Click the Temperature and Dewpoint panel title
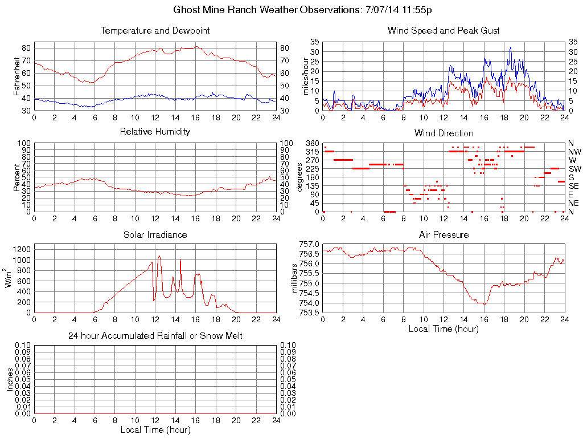[155, 31]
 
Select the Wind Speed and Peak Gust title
[444, 31]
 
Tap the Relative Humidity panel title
[155, 132]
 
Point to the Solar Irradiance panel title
[155, 234]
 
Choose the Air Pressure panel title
[444, 234]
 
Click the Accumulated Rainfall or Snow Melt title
[155, 336]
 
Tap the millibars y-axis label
[294, 278]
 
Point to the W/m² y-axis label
[9, 278]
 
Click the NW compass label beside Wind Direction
[574, 152]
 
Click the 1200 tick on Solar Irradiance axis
[22, 249]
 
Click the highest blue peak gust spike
[511, 48]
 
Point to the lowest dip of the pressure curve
[484, 305]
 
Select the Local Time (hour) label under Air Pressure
[444, 328]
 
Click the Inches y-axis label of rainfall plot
[10, 379]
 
